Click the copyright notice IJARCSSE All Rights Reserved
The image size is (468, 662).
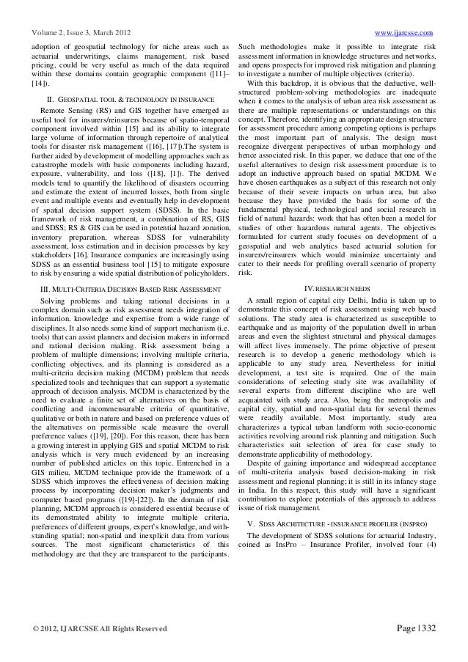(x=97, y=630)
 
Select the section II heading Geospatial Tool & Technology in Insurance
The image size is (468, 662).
(x=130, y=98)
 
